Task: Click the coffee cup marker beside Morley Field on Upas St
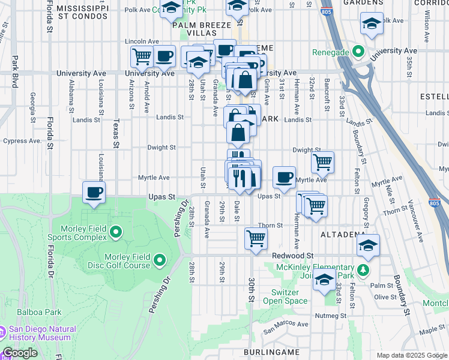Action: coord(94,193)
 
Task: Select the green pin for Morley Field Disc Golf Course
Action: coord(160,260)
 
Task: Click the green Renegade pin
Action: coord(360,52)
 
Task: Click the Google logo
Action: coord(20,353)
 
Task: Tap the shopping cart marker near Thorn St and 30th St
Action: coord(256,239)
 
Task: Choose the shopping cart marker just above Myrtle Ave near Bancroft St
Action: coord(323,161)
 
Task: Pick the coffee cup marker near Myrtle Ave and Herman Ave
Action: coord(284,177)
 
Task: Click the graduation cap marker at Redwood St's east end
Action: coord(369,245)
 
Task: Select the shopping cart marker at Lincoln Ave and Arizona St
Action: coord(142,57)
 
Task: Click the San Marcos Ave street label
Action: coord(286,325)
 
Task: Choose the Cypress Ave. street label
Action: coord(22,142)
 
